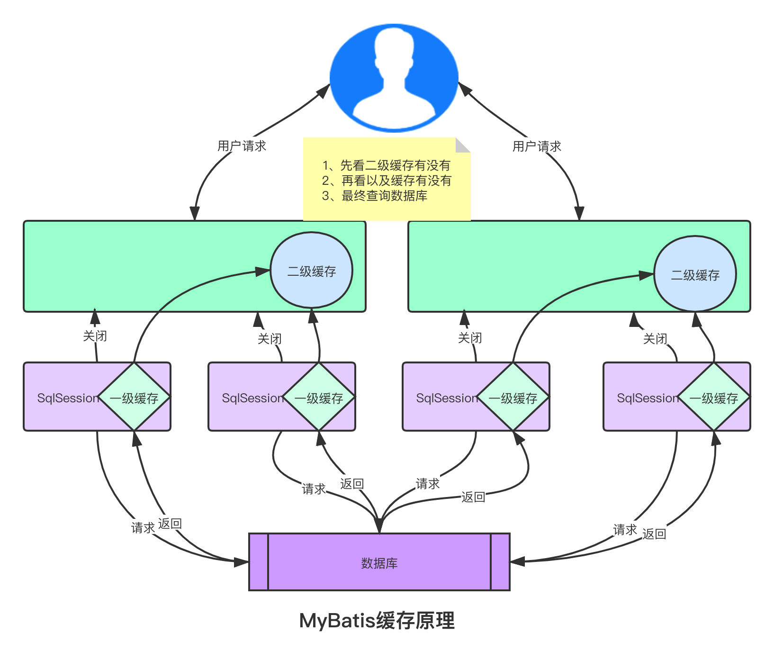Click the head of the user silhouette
click(394, 47)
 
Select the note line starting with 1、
click(386, 165)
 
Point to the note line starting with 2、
click(387, 181)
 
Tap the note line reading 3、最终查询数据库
click(374, 196)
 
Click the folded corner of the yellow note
click(462, 145)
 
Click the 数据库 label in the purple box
click(379, 563)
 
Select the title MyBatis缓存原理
click(377, 621)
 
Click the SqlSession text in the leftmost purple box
click(68, 398)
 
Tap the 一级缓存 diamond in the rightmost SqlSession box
click(714, 398)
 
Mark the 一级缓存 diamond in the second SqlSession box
click(319, 398)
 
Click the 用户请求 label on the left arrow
click(242, 145)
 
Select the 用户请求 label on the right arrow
click(537, 146)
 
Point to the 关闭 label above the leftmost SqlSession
click(95, 335)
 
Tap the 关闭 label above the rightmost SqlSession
click(655, 338)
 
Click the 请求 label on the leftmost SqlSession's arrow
click(143, 527)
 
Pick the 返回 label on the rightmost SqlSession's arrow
click(654, 533)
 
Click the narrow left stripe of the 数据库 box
click(259, 562)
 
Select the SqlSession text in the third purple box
click(447, 398)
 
